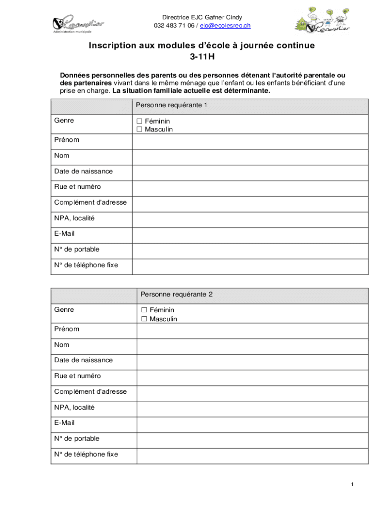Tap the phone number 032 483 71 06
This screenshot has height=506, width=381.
pos(174,26)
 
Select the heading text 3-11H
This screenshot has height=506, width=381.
pos(201,57)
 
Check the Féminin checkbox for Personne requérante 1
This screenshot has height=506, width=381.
pos(139,121)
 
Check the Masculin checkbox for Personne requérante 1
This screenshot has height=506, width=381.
pos(139,129)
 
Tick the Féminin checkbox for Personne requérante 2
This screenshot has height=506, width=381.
pos(144,310)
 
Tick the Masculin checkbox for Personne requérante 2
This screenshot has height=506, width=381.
pos(144,319)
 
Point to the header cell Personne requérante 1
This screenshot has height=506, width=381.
pos(171,105)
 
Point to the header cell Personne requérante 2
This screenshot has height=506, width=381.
pos(176,295)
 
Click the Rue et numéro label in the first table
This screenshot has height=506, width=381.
pos(78,187)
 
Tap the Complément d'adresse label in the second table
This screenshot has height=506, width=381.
pos(91,392)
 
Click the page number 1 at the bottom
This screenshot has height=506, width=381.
pos(352,485)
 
